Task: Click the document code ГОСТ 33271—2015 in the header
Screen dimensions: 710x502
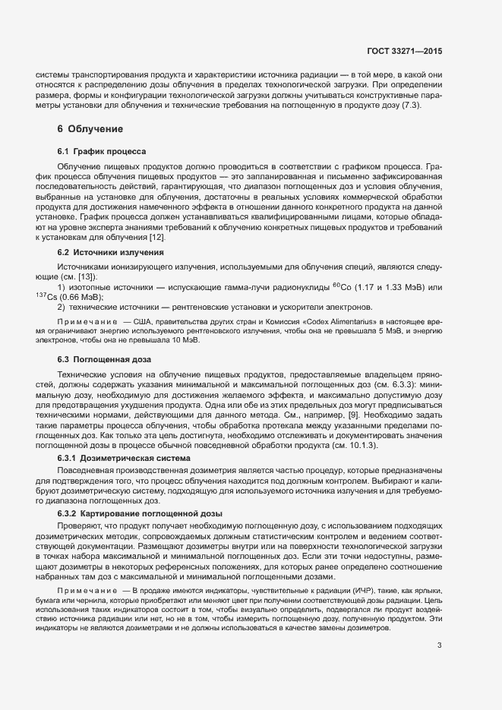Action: click(x=403, y=52)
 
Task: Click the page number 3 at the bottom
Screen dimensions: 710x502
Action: click(x=439, y=646)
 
